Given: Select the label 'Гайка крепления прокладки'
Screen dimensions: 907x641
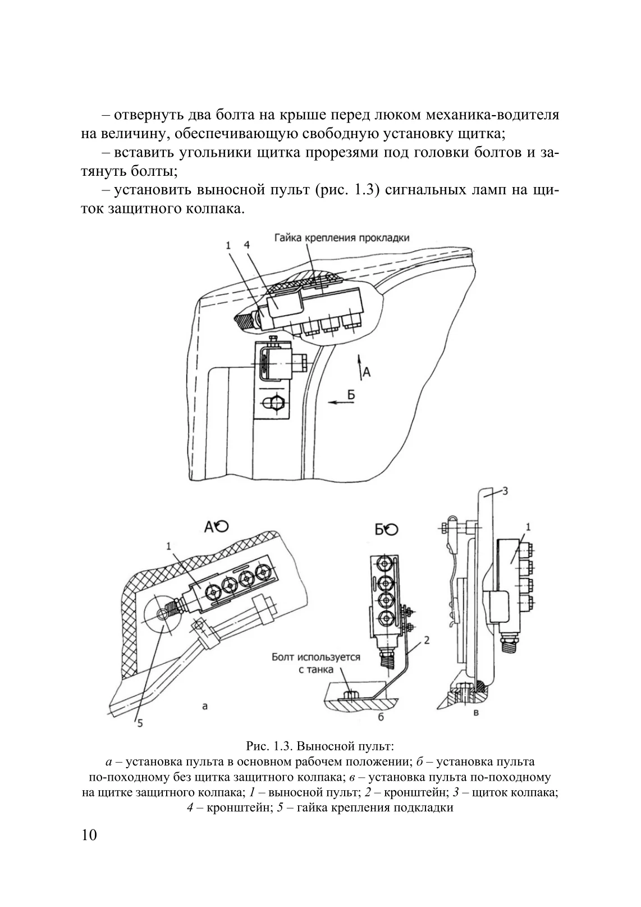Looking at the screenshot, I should click(341, 238).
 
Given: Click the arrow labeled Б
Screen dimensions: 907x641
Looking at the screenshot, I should click(336, 402).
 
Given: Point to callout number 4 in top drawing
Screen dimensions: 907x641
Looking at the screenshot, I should click(246, 245).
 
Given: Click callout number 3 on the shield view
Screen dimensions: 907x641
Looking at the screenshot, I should click(505, 491).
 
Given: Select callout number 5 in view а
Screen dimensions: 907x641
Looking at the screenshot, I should click(139, 723).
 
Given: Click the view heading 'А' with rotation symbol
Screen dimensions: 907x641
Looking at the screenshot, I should click(216, 526).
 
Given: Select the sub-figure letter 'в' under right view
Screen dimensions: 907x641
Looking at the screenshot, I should click(477, 713).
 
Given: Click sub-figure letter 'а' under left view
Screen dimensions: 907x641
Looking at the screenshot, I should click(204, 706).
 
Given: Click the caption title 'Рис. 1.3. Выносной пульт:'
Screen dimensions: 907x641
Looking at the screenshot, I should click(320, 746).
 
